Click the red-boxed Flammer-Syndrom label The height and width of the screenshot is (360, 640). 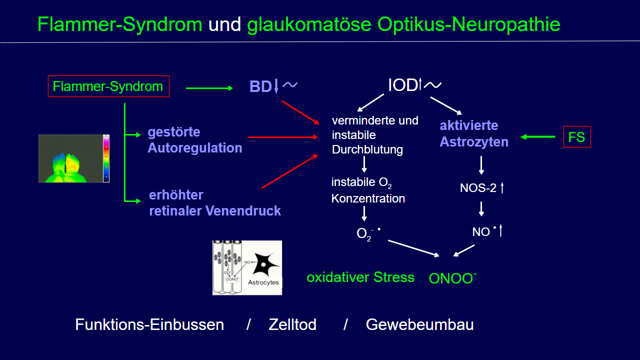pos(108,86)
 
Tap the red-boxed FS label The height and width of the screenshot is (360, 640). pos(576,136)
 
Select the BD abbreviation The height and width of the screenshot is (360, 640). pos(260,87)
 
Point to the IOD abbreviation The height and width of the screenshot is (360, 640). pos(402,85)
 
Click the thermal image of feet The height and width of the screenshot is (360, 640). pos(74,158)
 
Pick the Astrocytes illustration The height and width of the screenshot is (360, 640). pos(247,267)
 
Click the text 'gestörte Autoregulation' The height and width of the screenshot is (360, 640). pos(194,140)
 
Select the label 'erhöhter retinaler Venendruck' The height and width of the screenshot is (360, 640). pos(214,203)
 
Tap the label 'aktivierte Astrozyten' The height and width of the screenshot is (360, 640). pos(473,133)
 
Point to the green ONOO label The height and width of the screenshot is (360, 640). pos(451,278)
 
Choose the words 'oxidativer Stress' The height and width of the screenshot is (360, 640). pos(360,277)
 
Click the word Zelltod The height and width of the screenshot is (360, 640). pos(292,325)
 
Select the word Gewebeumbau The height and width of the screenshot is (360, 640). pos(419,325)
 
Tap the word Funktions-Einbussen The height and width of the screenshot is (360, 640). pos(149,325)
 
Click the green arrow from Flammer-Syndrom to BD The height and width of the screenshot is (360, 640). pos(209,88)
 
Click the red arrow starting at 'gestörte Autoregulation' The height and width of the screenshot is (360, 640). pos(283,136)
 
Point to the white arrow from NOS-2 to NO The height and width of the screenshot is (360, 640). pos(481,208)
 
